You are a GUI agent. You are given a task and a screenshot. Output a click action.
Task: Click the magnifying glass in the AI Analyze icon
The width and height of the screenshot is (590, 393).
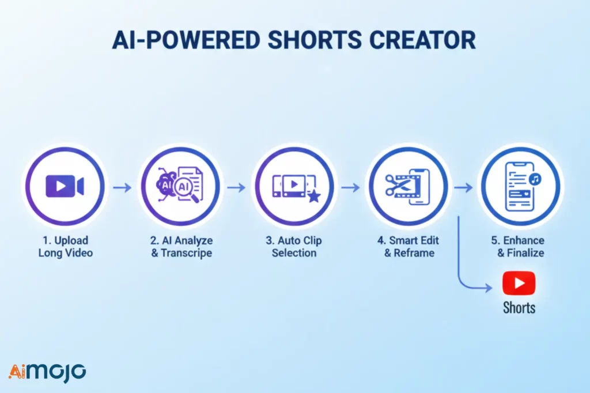click(x=196, y=196)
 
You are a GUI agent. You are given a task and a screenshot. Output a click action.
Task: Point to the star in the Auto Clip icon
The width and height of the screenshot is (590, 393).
click(x=315, y=198)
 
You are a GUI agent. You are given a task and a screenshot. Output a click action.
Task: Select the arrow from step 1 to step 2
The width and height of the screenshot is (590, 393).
click(x=122, y=187)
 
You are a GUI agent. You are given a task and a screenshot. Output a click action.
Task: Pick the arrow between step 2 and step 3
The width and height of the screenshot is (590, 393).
click(x=236, y=187)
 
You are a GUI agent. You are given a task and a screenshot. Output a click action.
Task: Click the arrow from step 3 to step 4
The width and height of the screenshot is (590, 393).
click(x=350, y=187)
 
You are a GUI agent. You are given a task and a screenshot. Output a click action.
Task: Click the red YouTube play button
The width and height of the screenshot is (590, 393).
click(x=519, y=283)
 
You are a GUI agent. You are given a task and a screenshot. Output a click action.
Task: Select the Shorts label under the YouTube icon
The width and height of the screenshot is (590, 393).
click(x=519, y=307)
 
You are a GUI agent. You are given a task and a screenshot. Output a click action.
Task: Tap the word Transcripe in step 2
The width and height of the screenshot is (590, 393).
click(x=188, y=253)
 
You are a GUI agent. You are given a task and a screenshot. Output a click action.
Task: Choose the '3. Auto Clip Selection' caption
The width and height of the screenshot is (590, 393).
click(x=294, y=246)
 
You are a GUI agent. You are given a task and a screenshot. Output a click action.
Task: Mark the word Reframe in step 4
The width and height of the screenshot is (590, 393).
click(x=413, y=253)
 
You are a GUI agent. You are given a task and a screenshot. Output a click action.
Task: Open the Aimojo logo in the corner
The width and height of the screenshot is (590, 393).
click(x=47, y=372)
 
